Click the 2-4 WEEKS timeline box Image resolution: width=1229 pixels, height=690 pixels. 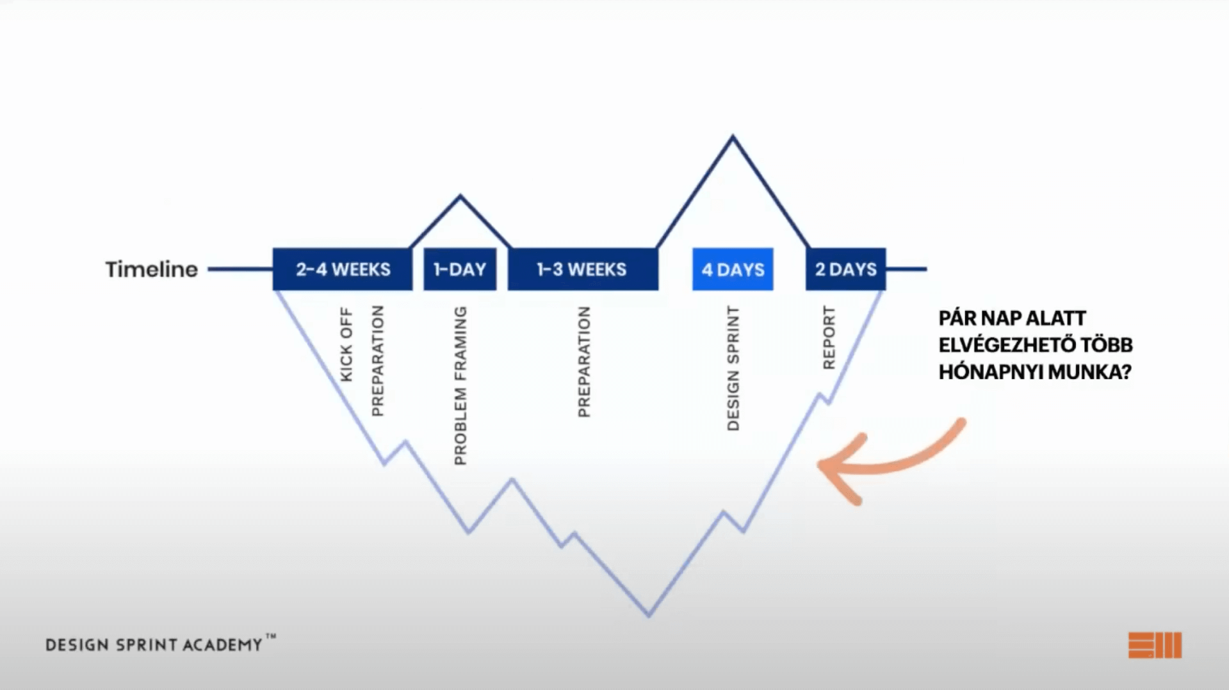pos(343,269)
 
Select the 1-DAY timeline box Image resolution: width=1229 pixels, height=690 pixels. pos(460,269)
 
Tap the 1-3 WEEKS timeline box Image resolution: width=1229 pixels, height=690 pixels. pos(583,269)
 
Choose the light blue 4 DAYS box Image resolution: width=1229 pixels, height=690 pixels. pos(733,269)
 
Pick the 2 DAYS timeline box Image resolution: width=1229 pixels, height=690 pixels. pos(845,269)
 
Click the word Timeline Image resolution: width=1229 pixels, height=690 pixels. pos(152,269)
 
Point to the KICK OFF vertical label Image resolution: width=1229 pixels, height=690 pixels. pos(346,344)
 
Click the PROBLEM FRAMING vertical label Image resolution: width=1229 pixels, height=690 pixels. pos(460,385)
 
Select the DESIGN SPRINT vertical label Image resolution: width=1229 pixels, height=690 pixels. pos(733,368)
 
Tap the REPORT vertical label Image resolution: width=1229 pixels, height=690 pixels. pos(829,337)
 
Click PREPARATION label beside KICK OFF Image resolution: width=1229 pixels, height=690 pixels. pos(377,360)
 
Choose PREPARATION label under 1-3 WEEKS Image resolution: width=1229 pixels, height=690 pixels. pos(583,362)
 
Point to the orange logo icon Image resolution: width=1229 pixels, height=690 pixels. pos(1155,645)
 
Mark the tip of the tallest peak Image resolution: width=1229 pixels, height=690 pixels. pos(733,136)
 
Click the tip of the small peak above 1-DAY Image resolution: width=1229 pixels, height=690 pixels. pos(460,196)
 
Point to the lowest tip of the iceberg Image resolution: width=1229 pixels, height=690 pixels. pos(649,615)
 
